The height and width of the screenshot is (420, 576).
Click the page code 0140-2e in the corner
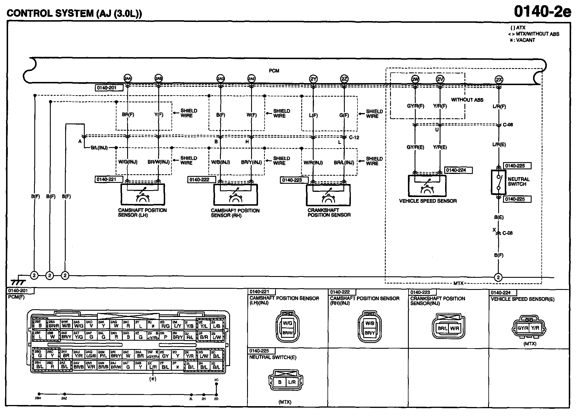pos(542,12)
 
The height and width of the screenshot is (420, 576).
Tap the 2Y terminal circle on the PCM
pos(313,79)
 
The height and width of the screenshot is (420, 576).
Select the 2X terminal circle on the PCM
pos(499,80)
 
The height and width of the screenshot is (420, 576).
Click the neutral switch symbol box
pos(498,182)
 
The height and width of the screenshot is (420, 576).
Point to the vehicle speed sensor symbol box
pos(427,185)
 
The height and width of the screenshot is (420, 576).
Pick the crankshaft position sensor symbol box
pos(328,195)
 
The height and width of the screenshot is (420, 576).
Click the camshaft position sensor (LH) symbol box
pos(143,194)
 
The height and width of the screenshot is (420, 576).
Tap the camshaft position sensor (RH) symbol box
pos(236,195)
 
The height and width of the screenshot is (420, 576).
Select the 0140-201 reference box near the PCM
pos(106,88)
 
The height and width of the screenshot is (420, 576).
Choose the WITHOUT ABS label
pos(467,100)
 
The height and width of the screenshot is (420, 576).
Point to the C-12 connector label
pos(354,138)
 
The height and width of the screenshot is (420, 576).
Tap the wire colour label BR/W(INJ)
pos(159,162)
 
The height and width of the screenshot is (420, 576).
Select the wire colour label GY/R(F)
pos(415,106)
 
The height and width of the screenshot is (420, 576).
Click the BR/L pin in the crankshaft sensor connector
pos(443,328)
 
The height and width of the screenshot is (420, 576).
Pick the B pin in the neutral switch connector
pos(279,382)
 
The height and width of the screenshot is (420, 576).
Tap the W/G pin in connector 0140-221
pos(287,323)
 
